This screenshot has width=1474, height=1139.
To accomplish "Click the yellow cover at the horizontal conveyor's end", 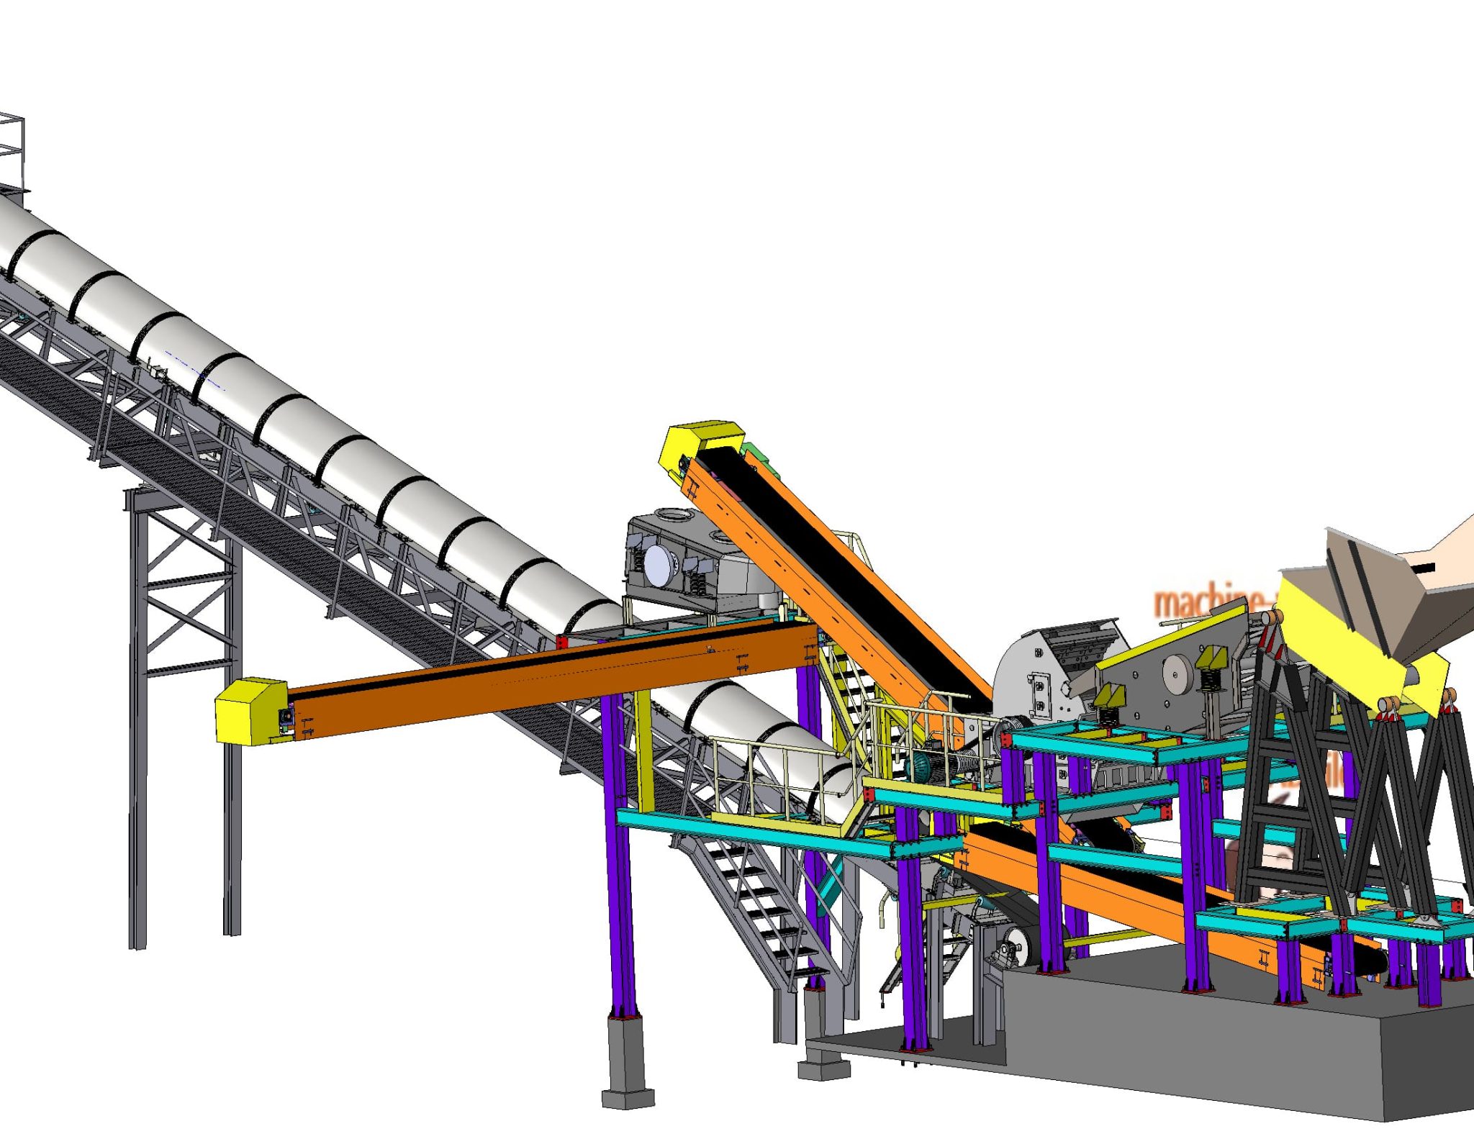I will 248,710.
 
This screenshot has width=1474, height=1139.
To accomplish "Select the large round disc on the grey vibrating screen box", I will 658,565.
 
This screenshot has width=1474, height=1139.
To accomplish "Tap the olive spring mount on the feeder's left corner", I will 1109,699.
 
